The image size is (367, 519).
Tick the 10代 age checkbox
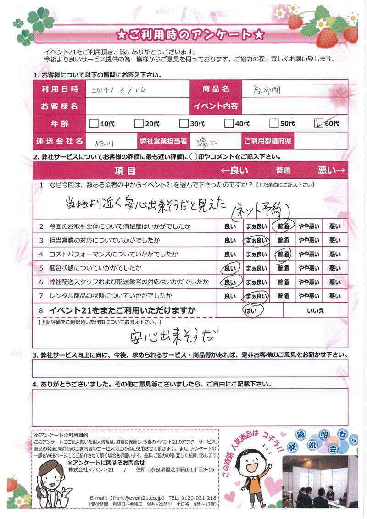point(94,123)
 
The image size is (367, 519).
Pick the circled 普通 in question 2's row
point(282,226)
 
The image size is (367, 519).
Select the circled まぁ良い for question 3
point(255,240)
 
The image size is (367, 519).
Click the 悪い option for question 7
point(335,297)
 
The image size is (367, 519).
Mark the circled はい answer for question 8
point(250,310)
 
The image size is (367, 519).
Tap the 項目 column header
point(125,171)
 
